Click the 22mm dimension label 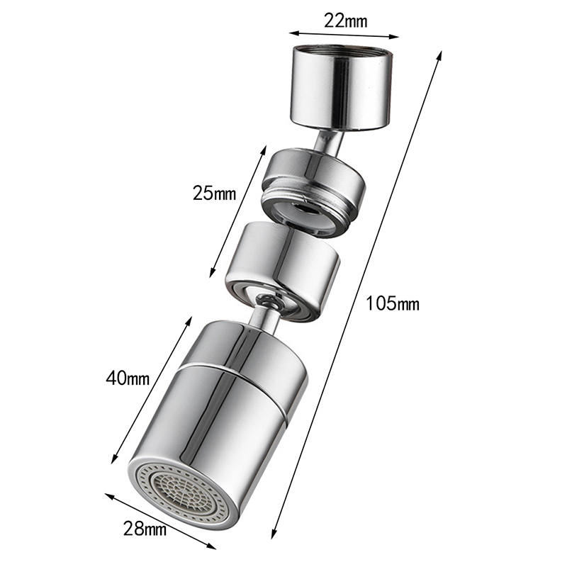point(345,21)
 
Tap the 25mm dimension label point(214,193)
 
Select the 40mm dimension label point(128,378)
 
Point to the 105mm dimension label point(393,303)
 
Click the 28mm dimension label point(145,529)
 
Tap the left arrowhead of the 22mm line point(293,33)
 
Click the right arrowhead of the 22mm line point(395,36)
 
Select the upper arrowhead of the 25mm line point(264,150)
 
